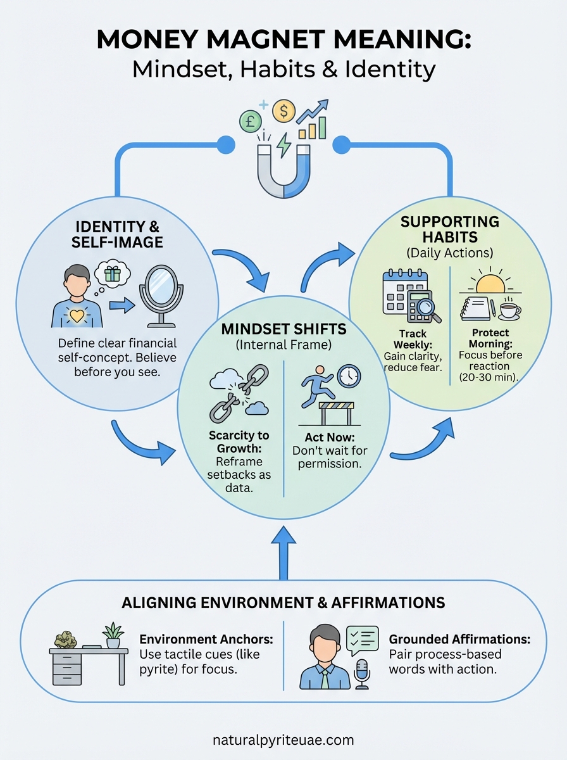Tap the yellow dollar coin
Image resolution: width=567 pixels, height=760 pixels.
[x=283, y=111]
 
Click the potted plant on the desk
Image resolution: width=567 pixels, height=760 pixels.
[x=112, y=634]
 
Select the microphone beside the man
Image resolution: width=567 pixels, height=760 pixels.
[x=361, y=674]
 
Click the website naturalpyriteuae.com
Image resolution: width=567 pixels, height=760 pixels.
[x=283, y=740]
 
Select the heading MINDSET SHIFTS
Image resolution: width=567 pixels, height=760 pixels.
[x=283, y=330]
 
